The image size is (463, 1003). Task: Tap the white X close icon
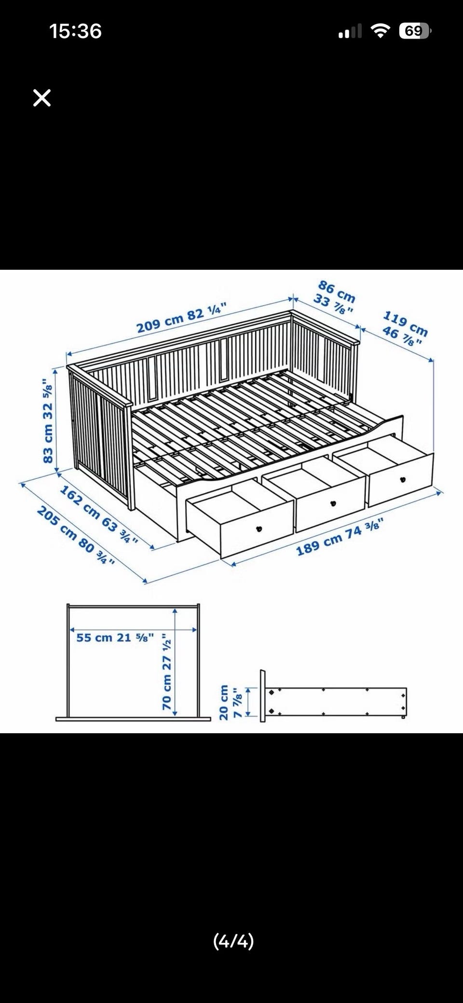click(42, 98)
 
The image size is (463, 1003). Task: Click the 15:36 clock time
click(75, 31)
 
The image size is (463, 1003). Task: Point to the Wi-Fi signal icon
click(381, 31)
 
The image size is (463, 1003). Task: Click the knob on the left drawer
click(258, 528)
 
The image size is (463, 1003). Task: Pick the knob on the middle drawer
click(332, 504)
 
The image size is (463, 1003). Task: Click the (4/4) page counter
click(233, 941)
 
